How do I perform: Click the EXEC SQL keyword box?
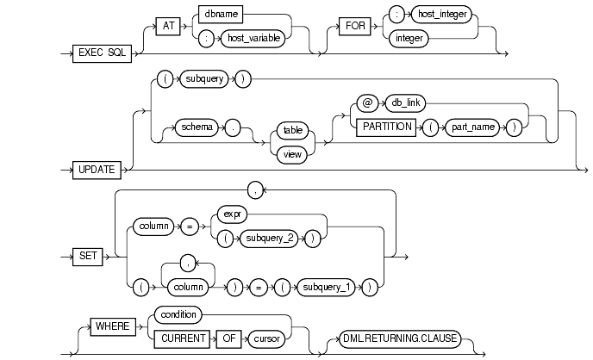102,53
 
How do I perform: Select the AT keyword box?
168,26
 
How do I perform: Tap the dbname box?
221,15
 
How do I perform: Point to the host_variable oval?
253,39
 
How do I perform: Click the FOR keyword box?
355,26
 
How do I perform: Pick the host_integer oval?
441,15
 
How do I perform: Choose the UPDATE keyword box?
97,170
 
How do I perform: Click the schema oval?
197,127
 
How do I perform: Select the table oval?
293,130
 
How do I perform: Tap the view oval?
292,154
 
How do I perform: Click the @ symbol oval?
367,103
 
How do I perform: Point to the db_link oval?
405,103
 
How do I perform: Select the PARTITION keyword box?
386,127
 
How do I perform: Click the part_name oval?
472,127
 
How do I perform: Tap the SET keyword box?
88,257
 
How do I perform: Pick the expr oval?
232,214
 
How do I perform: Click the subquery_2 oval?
269,239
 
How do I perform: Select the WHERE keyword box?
113,326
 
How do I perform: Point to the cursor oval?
266,338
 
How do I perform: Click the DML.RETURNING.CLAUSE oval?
400,338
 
